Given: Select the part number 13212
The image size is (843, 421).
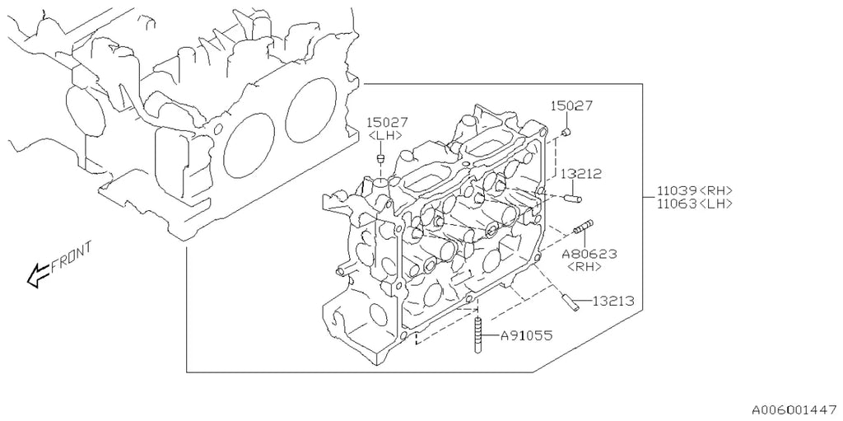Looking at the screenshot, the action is (x=580, y=174).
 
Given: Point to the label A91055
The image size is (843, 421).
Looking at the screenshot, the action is (x=526, y=336).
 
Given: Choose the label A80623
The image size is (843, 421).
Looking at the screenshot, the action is (x=589, y=254).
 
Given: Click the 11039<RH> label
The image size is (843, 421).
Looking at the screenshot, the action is (x=695, y=190).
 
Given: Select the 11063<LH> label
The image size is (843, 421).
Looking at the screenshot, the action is (x=695, y=203).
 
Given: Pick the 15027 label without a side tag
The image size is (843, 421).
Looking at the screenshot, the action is (x=571, y=105).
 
